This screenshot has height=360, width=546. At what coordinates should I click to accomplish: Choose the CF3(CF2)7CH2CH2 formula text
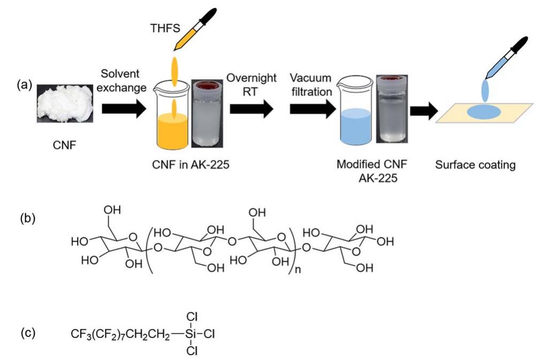[x=118, y=334]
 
